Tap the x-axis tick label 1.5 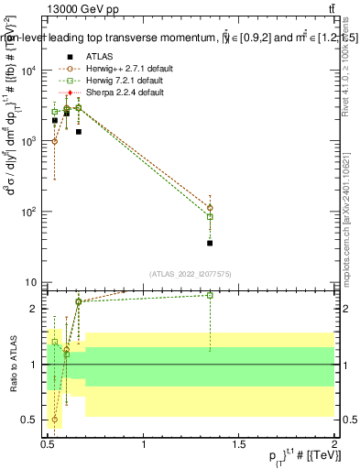[240, 444]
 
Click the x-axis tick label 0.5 [48, 444]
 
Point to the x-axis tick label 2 [334, 444]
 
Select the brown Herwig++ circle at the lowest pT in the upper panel [55, 141]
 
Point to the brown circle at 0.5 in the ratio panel [55, 420]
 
